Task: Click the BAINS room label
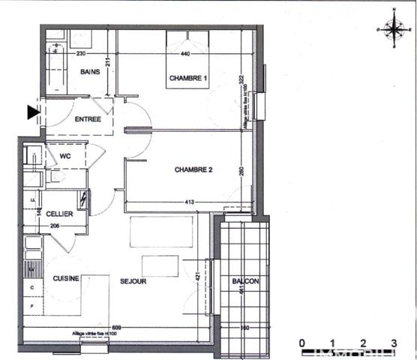tap(91, 71)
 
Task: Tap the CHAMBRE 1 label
tap(187, 78)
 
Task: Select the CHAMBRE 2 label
tap(194, 170)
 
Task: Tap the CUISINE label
tap(66, 279)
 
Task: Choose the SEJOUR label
tap(133, 281)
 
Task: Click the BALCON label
tap(246, 281)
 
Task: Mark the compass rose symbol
tap(393, 28)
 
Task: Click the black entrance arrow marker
tap(32, 112)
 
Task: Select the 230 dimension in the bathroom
tap(82, 54)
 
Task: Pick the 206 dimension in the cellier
tap(54, 226)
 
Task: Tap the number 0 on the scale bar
tap(301, 342)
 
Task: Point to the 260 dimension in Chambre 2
tap(241, 170)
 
